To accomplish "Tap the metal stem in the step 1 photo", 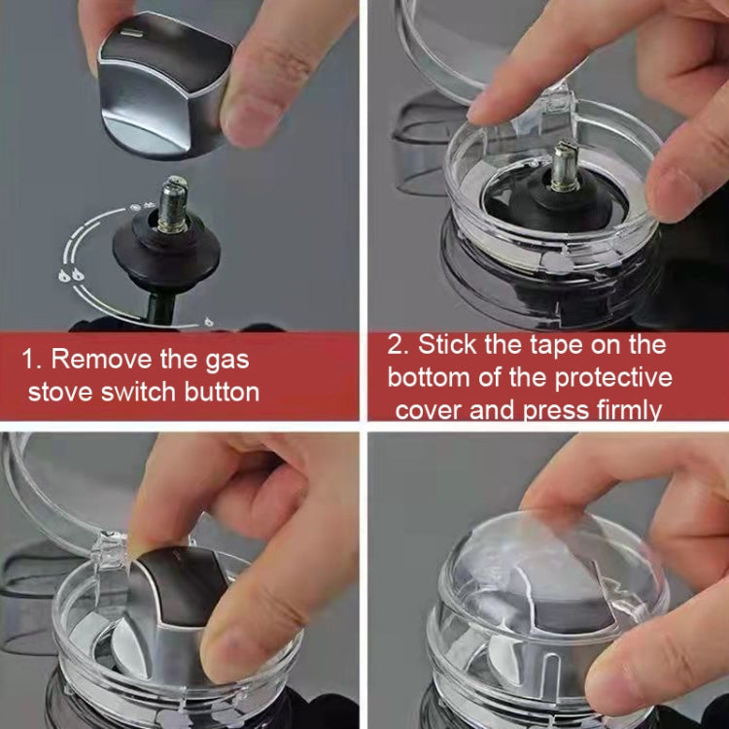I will tap(174, 205).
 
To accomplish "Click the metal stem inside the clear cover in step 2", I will tap(566, 167).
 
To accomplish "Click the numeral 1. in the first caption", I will tap(32, 360).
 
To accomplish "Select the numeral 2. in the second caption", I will tap(399, 345).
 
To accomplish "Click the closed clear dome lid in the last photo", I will tap(549, 583).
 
